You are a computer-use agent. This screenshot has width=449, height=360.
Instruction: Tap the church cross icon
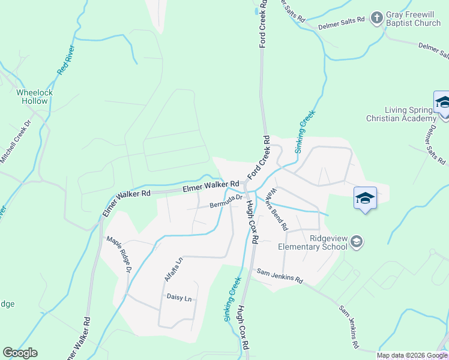coord(376,17)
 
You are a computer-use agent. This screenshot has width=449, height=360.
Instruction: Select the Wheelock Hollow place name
coord(34,97)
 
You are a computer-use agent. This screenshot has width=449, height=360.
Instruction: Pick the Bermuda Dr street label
coord(226,202)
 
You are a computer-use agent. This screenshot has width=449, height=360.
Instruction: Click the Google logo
coord(20,353)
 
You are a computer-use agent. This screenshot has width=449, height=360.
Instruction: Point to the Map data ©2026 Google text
coord(412,355)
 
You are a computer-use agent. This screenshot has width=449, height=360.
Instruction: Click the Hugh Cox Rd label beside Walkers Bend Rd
coord(252,221)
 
